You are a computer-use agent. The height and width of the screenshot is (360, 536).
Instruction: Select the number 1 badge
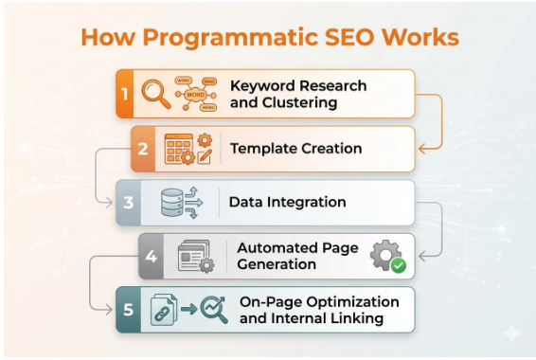[x=123, y=93]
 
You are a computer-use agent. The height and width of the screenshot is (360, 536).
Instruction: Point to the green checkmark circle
[x=398, y=266]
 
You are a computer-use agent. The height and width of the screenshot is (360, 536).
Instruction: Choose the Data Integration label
[x=287, y=203]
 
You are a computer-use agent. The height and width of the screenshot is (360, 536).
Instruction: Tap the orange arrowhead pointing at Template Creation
[x=422, y=149]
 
